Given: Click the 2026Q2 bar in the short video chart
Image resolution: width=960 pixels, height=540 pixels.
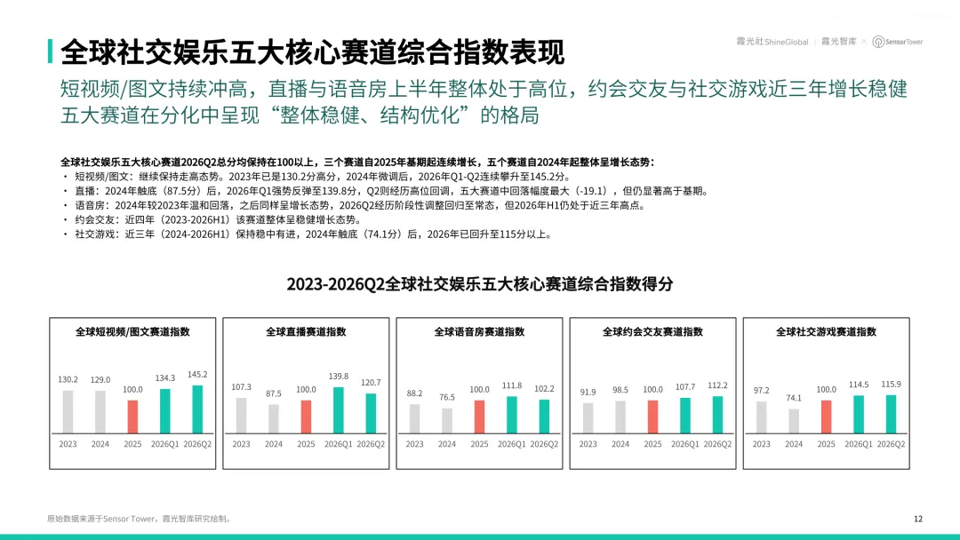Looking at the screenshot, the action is coord(197,409).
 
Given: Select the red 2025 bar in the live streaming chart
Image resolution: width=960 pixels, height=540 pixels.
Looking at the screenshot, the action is coord(306,417).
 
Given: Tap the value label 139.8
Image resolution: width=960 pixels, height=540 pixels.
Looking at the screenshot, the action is coord(339,376).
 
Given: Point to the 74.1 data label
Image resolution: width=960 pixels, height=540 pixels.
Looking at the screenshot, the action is coord(794,398).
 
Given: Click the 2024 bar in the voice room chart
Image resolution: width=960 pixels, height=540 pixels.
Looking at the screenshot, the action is coord(447,421).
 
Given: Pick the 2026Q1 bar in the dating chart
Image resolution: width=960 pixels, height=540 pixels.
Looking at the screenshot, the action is coord(685,416).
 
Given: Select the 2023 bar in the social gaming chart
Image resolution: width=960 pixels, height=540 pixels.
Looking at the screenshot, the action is coord(761,417).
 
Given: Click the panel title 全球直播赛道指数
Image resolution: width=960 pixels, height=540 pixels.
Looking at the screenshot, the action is coord(306,331).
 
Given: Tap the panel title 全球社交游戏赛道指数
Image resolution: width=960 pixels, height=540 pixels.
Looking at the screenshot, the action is coord(827,331).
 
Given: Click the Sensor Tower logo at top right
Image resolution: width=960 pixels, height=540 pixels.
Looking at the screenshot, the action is coord(898,42).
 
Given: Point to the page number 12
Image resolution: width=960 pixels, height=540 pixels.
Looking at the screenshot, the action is coord(917,519).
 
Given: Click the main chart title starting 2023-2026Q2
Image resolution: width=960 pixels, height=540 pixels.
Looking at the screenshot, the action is coord(480,283).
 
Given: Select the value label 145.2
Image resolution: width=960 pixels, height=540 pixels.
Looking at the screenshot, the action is coord(197,374).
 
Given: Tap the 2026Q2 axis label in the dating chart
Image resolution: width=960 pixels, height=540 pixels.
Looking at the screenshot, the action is coord(717,444).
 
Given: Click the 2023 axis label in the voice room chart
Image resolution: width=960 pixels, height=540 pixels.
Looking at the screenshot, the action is coord(414,444).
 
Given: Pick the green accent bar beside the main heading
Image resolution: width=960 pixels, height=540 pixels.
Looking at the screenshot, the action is coord(50,52).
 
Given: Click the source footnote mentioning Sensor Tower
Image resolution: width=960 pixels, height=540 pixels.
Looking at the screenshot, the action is coord(140,519).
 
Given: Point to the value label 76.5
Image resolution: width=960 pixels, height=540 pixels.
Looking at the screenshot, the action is coord(447,397).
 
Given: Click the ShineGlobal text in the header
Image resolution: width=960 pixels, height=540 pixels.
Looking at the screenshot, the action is coord(787,42).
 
